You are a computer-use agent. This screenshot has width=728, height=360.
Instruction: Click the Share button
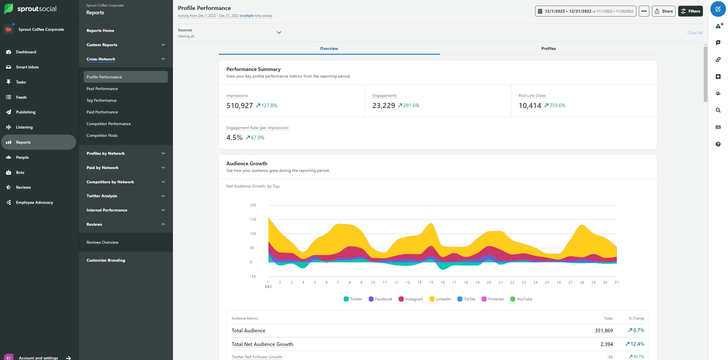click(663, 11)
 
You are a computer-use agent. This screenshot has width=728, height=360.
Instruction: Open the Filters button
click(690, 11)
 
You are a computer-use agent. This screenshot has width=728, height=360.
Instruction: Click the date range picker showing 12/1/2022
click(585, 11)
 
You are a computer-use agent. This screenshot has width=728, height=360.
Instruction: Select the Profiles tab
click(548, 48)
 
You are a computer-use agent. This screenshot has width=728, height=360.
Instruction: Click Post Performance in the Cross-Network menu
click(102, 89)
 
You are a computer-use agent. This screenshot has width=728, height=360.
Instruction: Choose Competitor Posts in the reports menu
click(102, 135)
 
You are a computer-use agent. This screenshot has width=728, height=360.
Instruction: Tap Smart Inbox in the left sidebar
click(27, 67)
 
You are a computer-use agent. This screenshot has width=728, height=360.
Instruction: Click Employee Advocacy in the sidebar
click(34, 202)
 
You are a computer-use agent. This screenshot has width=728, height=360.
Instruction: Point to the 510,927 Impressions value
click(239, 105)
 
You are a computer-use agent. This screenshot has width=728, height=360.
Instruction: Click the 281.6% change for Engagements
click(411, 105)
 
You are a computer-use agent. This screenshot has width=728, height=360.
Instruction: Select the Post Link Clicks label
click(532, 95)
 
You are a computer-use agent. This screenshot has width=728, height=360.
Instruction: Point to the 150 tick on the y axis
click(253, 219)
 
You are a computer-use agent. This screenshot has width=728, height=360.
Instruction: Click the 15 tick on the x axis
click(431, 282)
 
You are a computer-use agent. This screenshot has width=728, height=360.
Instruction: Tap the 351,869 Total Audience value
click(603, 331)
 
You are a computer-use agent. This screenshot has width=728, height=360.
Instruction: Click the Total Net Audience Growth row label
click(262, 344)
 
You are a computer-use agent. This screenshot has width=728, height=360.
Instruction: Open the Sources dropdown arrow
click(279, 32)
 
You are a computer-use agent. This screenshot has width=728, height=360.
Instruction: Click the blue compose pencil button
click(718, 9)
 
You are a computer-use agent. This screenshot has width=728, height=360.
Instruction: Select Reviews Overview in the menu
click(102, 242)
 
